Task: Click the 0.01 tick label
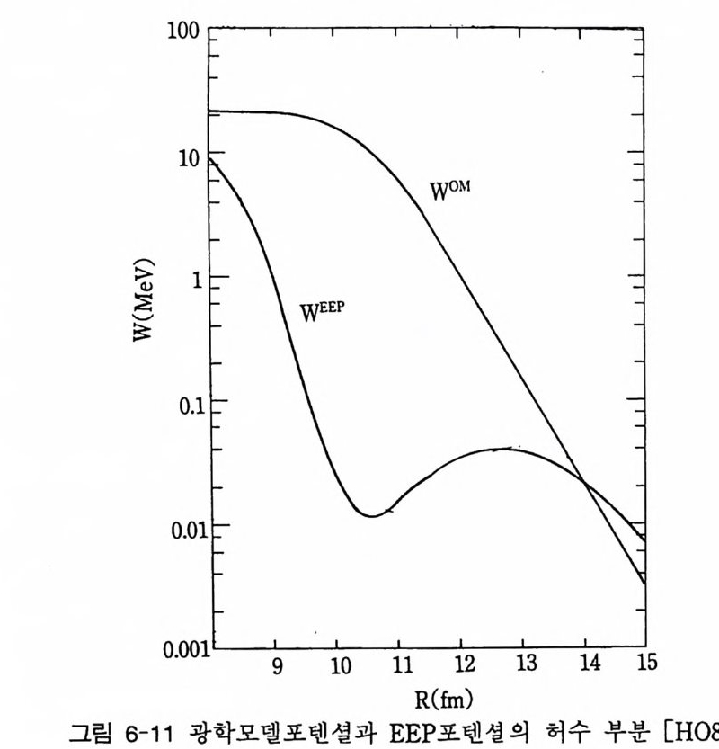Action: [x=187, y=526]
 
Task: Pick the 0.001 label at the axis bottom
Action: [x=182, y=648]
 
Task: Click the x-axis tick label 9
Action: [x=275, y=665]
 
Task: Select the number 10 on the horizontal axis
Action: [x=337, y=665]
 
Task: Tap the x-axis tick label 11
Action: [x=399, y=665]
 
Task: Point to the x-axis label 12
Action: [x=461, y=665]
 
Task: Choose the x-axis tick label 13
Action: [x=523, y=665]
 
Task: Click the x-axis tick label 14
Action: [x=585, y=665]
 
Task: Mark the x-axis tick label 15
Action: [x=646, y=665]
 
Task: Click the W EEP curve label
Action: [x=323, y=313]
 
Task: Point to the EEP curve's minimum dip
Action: [x=370, y=515]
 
